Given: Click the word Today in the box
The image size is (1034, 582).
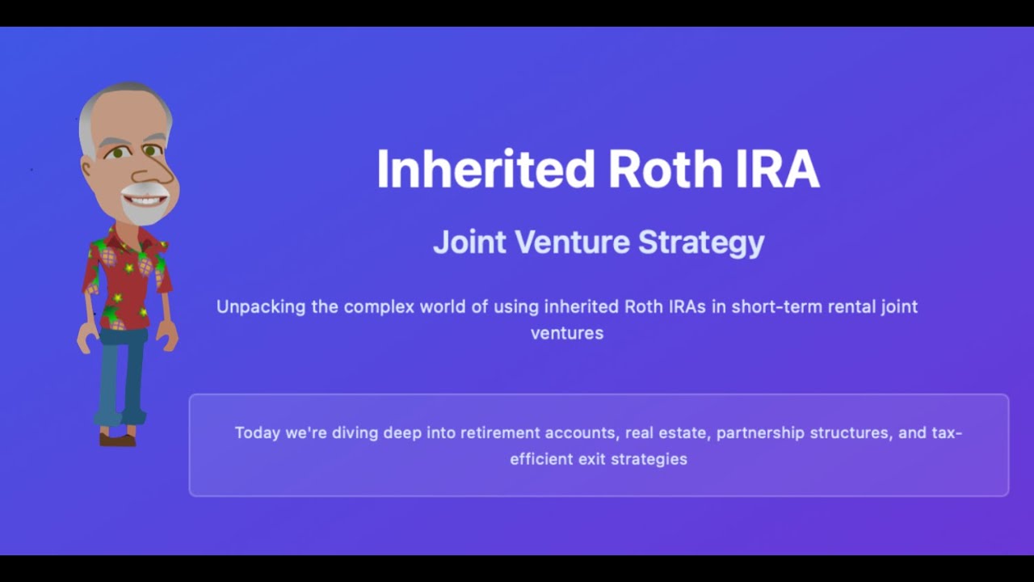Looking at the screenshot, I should (257, 432).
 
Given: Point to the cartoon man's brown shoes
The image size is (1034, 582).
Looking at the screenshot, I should (118, 439).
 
